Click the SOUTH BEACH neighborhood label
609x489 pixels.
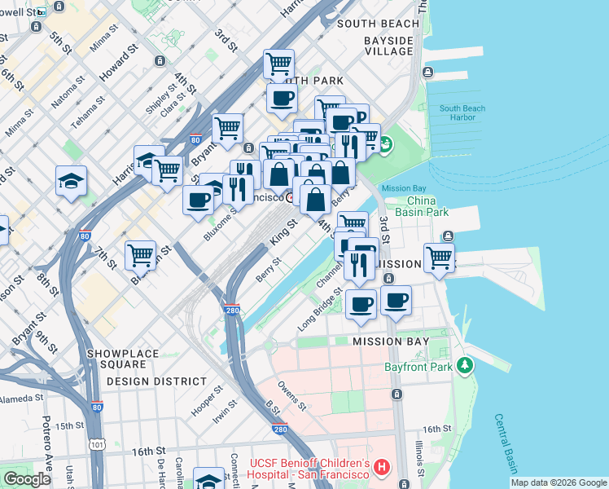point(378,24)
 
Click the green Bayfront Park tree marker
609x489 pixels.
point(465,366)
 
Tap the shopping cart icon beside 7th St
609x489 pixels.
point(140,255)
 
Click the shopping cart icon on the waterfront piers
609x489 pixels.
point(439,258)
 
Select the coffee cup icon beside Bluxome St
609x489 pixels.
point(198,200)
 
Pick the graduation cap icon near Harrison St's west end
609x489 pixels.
point(71,181)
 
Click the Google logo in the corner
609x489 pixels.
point(27,479)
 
